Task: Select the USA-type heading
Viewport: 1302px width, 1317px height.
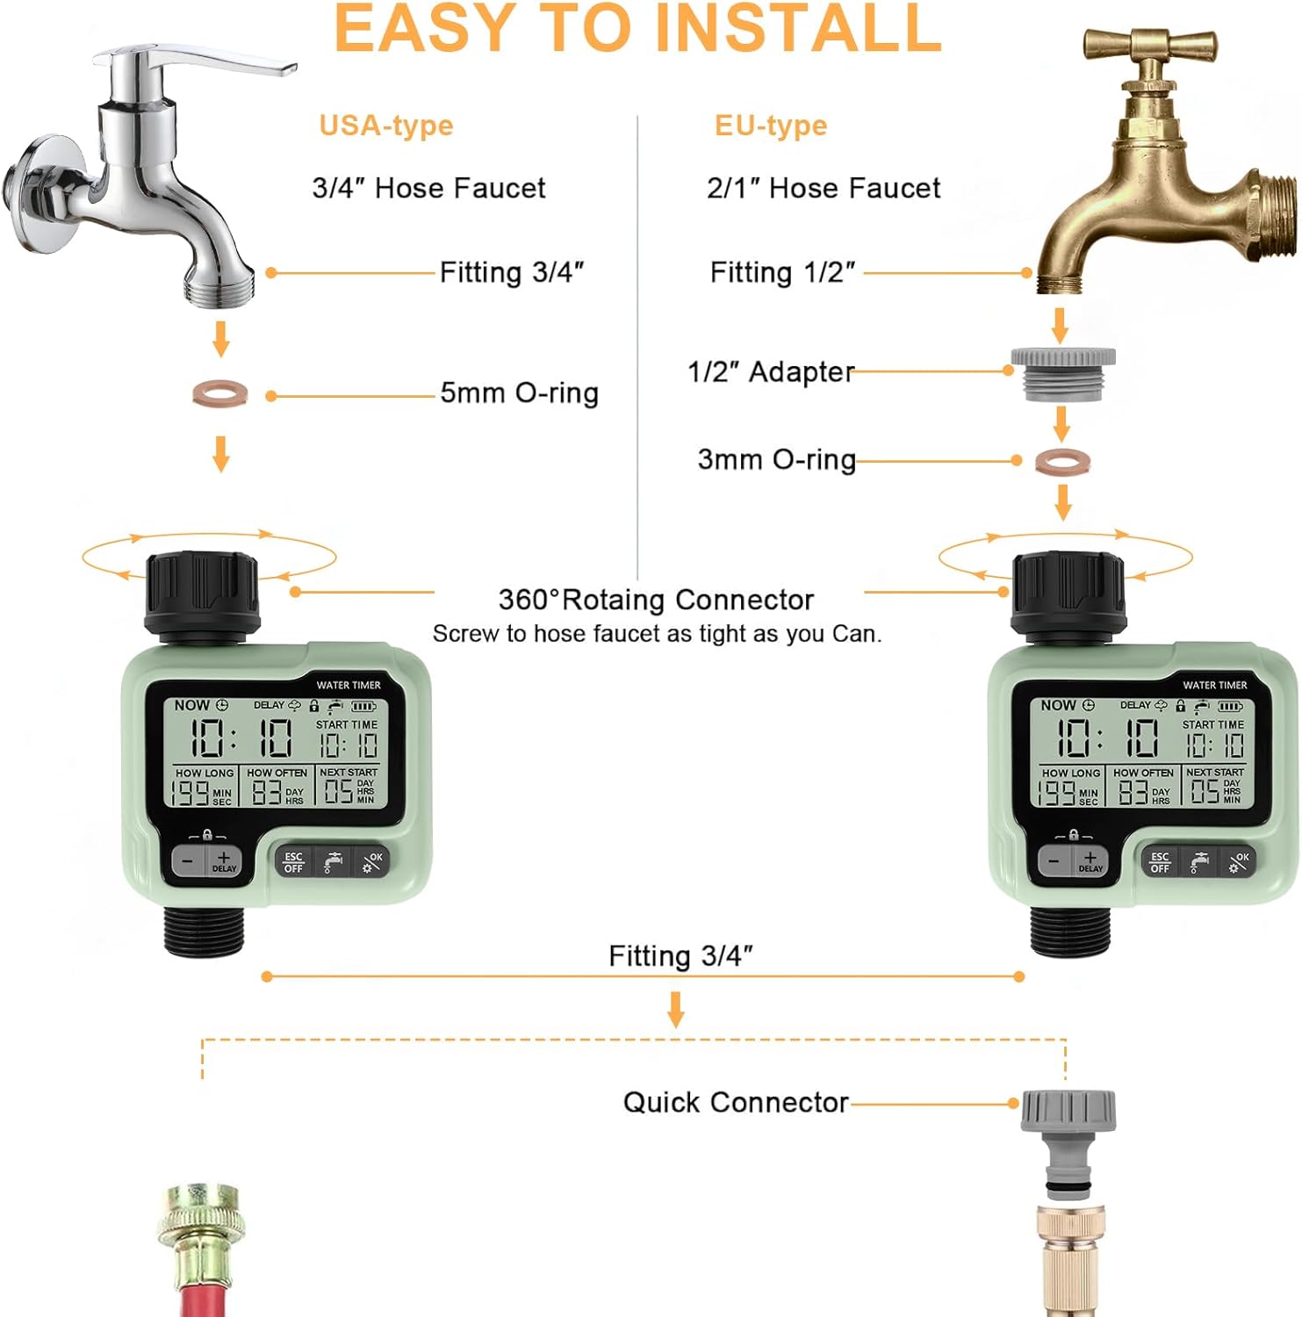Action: [386, 126]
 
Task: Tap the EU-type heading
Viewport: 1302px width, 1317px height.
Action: [771, 126]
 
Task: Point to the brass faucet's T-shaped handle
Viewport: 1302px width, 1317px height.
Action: [1149, 45]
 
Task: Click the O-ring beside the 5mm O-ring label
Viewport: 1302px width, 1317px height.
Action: [220, 393]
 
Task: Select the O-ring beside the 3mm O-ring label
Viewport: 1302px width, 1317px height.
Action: [1062, 461]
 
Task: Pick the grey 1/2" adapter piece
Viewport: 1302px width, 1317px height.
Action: [1063, 374]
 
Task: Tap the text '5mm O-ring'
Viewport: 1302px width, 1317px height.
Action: [519, 392]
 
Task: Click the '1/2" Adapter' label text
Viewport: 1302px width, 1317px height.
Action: [771, 371]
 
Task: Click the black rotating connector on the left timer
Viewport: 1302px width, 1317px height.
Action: [202, 594]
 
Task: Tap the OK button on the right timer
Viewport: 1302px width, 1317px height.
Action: [1239, 862]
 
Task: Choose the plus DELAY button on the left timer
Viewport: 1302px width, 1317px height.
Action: [223, 861]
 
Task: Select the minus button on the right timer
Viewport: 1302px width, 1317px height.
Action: [1054, 861]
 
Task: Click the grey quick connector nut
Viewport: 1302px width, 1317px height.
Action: [1068, 1112]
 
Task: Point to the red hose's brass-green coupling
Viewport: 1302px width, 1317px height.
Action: [199, 1238]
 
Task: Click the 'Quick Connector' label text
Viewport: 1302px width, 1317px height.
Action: [736, 1102]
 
